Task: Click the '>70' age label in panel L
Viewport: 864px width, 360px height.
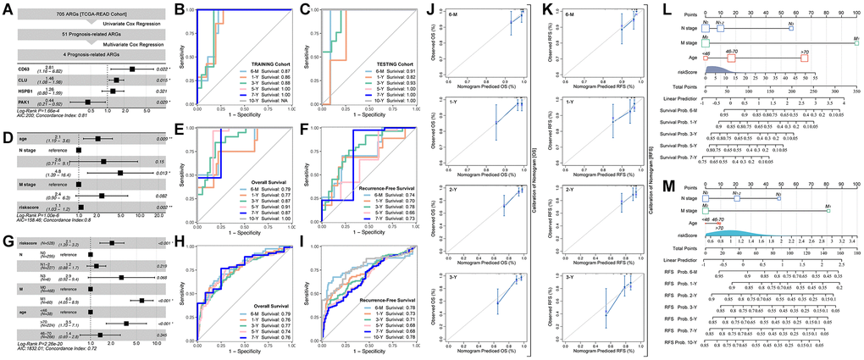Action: pyautogui.click(x=804, y=52)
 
